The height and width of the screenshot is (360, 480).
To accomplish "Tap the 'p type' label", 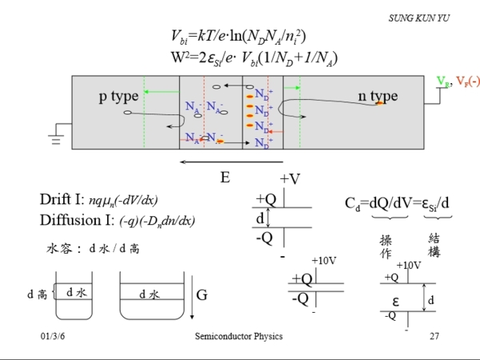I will pyautogui.click(x=118, y=97).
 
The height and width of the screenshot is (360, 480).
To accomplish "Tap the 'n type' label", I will pyautogui.click(x=378, y=97).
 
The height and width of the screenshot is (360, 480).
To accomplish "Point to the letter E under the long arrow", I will pyautogui.click(x=225, y=177).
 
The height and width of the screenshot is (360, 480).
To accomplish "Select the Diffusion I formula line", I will pyautogui.click(x=118, y=220).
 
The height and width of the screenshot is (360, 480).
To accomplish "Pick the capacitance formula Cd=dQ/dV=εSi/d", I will pyautogui.click(x=397, y=203).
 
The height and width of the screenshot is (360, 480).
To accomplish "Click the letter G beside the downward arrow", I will pyautogui.click(x=202, y=294).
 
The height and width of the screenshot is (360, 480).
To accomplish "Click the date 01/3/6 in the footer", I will pyautogui.click(x=52, y=336).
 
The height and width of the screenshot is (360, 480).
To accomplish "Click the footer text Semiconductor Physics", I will pyautogui.click(x=238, y=336).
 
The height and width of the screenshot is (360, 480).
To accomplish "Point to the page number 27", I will pyautogui.click(x=434, y=336).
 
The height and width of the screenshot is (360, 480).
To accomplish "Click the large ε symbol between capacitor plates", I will pyautogui.click(x=396, y=300).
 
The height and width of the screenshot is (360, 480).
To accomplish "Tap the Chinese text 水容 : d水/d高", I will pyautogui.click(x=94, y=248).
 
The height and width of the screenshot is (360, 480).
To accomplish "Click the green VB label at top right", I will pyautogui.click(x=442, y=82).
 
